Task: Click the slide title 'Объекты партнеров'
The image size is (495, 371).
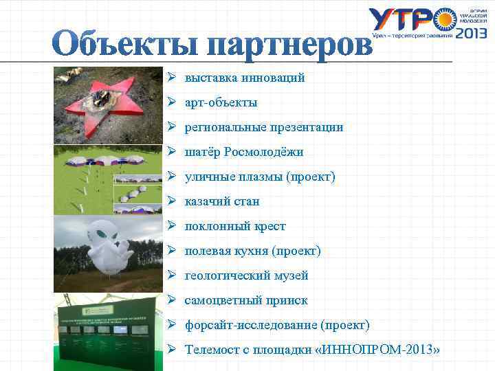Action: tap(213, 45)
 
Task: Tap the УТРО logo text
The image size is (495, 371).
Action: tap(406, 21)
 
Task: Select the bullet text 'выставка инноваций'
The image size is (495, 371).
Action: tap(244, 78)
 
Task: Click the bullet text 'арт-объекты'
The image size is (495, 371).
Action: tap(221, 102)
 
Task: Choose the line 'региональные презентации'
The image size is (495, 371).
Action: tap(263, 127)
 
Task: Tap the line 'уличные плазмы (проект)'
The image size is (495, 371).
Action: tap(260, 177)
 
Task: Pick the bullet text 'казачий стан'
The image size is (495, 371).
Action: tap(221, 201)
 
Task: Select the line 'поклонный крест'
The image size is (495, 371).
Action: tap(235, 226)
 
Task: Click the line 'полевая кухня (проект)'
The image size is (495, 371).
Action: tap(252, 251)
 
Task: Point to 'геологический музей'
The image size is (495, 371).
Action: tap(246, 276)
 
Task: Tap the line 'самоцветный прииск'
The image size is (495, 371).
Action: tap(245, 300)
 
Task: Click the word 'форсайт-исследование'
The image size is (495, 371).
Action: tap(250, 325)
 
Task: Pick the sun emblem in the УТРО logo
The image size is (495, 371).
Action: tap(445, 19)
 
